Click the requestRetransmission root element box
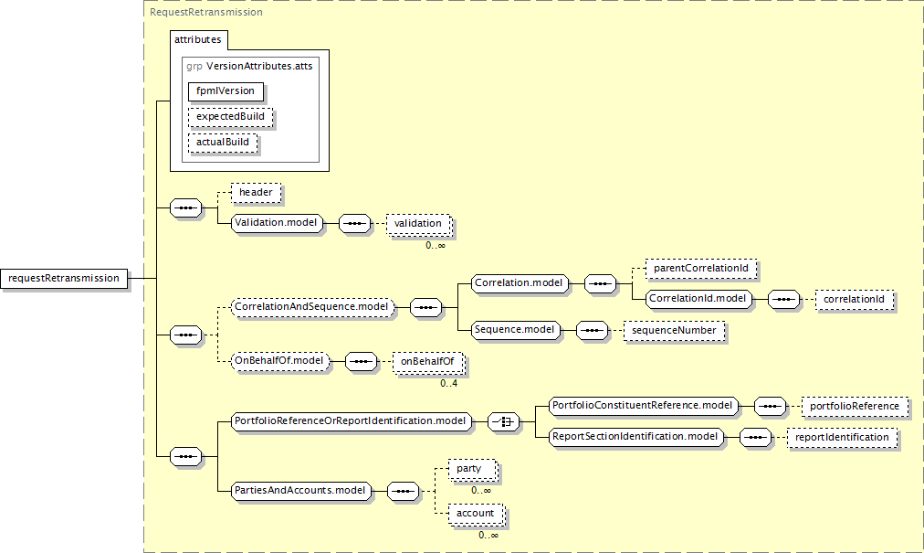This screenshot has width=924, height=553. click(64, 279)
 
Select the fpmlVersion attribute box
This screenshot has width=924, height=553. click(226, 91)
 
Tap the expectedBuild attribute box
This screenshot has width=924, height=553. click(230, 117)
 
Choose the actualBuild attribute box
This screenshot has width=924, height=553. click(223, 143)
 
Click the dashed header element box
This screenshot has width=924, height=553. click(256, 192)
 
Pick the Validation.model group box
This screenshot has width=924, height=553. click(277, 223)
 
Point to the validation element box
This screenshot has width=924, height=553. click(418, 224)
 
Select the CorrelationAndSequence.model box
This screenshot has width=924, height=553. click(312, 307)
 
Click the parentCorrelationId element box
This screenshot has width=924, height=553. click(700, 269)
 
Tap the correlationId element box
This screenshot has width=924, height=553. click(854, 300)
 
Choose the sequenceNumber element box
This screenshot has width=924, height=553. click(674, 331)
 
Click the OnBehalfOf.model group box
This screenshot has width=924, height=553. click(280, 361)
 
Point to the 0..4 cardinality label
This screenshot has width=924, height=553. click(448, 384)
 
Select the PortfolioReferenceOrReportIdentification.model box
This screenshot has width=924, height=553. click(352, 421)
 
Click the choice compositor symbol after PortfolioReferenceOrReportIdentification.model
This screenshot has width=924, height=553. click(504, 422)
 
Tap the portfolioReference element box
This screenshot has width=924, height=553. click(855, 407)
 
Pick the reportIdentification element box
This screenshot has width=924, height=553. click(842, 437)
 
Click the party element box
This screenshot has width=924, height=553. click(470, 469)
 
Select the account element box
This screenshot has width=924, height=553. click(476, 514)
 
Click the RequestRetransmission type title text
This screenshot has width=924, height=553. click(206, 12)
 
